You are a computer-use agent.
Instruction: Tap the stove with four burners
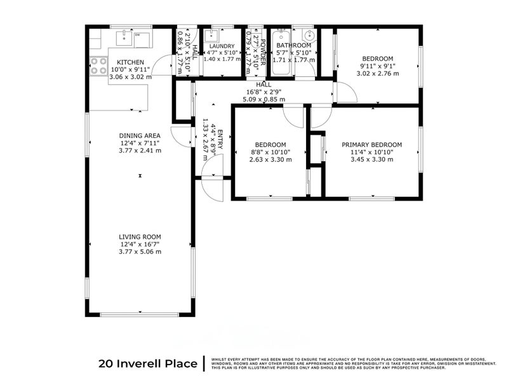click(x=98, y=66)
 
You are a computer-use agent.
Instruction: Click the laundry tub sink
click(x=215, y=36)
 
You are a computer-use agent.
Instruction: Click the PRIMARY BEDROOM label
click(x=371, y=145)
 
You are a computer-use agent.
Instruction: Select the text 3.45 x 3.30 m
click(x=371, y=160)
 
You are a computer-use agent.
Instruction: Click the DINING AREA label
click(x=140, y=136)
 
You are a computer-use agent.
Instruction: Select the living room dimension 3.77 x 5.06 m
click(x=140, y=251)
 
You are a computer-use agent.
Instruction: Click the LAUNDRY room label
click(x=222, y=46)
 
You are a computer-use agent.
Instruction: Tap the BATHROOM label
click(x=293, y=46)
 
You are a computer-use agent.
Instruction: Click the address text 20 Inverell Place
click(x=147, y=364)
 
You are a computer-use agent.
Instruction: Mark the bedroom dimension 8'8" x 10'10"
click(x=271, y=152)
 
